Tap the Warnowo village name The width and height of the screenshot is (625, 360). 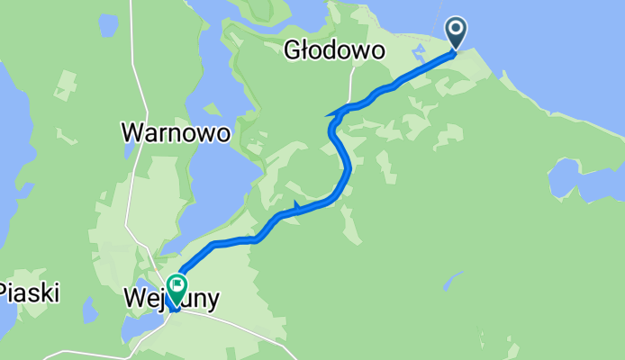pos(176,133)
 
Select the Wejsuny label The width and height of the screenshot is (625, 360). pos(171,297)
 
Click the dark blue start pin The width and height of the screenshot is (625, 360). pos(457,33)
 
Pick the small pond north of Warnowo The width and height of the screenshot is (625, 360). pos(109,26)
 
